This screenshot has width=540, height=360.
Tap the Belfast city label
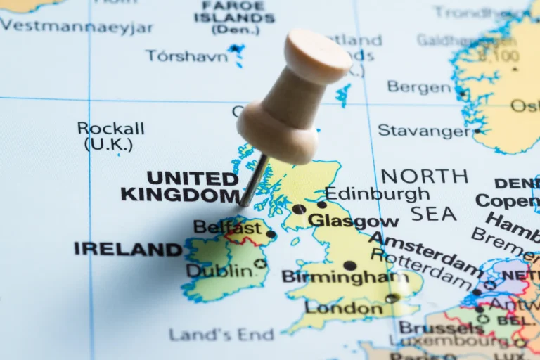(x=226, y=227)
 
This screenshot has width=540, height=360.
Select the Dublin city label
(x=219, y=270)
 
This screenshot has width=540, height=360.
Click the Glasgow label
(x=353, y=221)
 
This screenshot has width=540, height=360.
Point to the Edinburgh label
(x=377, y=194)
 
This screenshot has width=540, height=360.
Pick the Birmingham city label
(x=345, y=277)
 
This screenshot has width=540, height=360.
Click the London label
(x=345, y=308)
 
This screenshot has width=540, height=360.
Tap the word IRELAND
(x=128, y=249)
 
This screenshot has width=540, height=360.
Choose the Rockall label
(x=110, y=129)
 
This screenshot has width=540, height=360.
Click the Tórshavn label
(x=186, y=56)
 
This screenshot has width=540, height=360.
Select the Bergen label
(x=420, y=87)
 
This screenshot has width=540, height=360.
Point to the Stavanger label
(x=425, y=130)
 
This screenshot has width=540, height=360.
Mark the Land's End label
(x=221, y=335)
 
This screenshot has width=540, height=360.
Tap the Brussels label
(x=441, y=328)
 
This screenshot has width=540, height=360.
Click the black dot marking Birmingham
(x=349, y=266)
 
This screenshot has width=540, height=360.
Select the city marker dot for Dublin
(x=261, y=264)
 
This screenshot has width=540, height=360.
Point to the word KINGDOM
(x=180, y=194)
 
